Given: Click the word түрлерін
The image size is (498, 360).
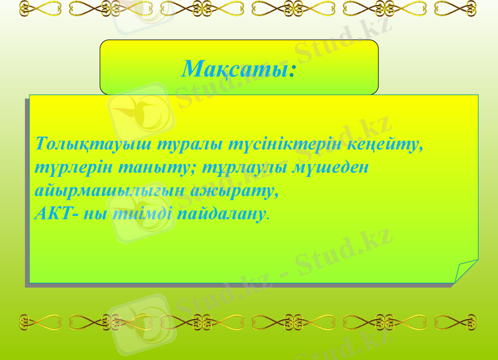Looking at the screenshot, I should [70, 168].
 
